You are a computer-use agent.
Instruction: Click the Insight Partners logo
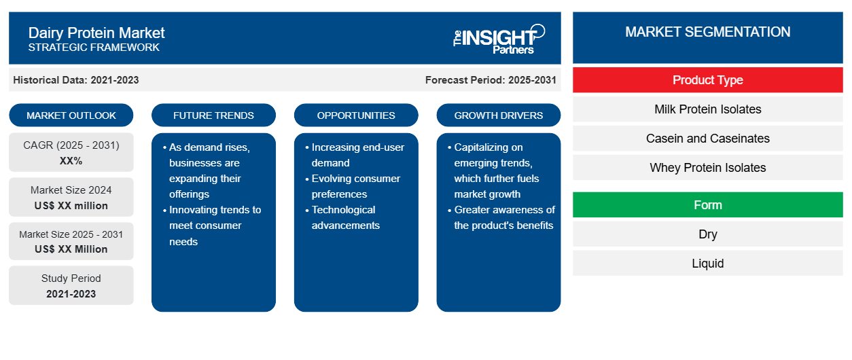coord(499,39)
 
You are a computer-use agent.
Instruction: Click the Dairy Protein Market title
coord(96,33)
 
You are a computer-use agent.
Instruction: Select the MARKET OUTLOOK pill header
coord(71,115)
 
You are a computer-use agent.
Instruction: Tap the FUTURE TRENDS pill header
coord(213,115)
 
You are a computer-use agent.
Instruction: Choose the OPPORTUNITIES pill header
coord(356,115)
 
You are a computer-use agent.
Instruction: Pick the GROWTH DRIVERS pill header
coord(498,115)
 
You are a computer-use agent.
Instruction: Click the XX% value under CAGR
coord(71,161)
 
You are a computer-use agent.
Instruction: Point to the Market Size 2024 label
coord(71,190)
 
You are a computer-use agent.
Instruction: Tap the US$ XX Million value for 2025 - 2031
coord(71,249)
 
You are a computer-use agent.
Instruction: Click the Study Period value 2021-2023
coord(71,294)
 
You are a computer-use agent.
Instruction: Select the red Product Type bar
coord(708,80)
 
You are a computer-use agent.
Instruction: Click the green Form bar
coord(708,205)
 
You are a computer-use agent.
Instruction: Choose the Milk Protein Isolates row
coord(708,109)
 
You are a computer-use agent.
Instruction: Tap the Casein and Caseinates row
coord(708,139)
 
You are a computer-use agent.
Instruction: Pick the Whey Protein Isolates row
coord(708,167)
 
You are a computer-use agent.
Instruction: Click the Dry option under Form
coord(708,234)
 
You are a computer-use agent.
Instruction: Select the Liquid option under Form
coord(708,263)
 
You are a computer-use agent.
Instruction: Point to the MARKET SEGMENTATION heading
coord(708,32)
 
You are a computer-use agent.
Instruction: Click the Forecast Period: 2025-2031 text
coord(491,80)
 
